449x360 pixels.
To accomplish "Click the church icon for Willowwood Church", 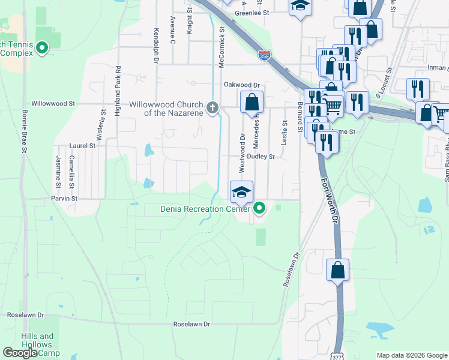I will [211, 108].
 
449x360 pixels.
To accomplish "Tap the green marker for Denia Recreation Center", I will [259, 209].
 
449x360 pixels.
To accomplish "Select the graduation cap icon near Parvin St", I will [241, 192].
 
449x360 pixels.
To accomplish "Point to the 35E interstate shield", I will [264, 55].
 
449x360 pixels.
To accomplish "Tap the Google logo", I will [20, 353].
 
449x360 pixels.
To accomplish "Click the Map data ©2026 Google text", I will [411, 355].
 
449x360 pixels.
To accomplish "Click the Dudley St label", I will [262, 157].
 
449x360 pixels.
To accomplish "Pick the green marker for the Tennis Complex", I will [42, 47].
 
